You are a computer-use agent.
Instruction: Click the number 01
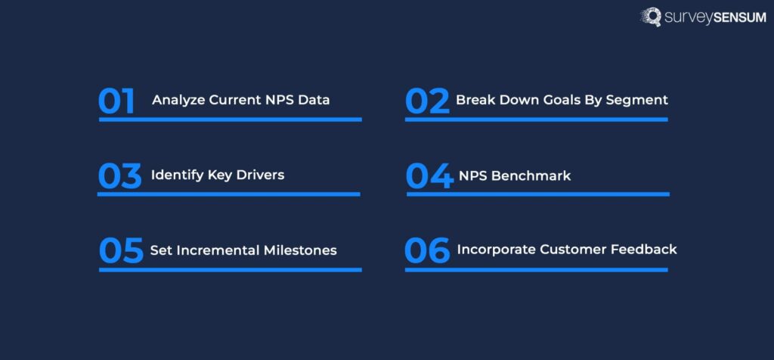coord(116,101)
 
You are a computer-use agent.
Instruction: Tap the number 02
coord(427,101)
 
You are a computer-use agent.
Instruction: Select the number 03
coord(119,176)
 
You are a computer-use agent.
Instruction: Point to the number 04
coord(429,176)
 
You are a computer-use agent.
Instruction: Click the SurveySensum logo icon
coord(652,17)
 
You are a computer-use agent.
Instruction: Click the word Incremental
coord(212,250)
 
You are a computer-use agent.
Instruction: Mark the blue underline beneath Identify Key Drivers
coord(229,194)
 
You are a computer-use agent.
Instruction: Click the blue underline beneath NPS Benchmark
coord(537,194)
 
